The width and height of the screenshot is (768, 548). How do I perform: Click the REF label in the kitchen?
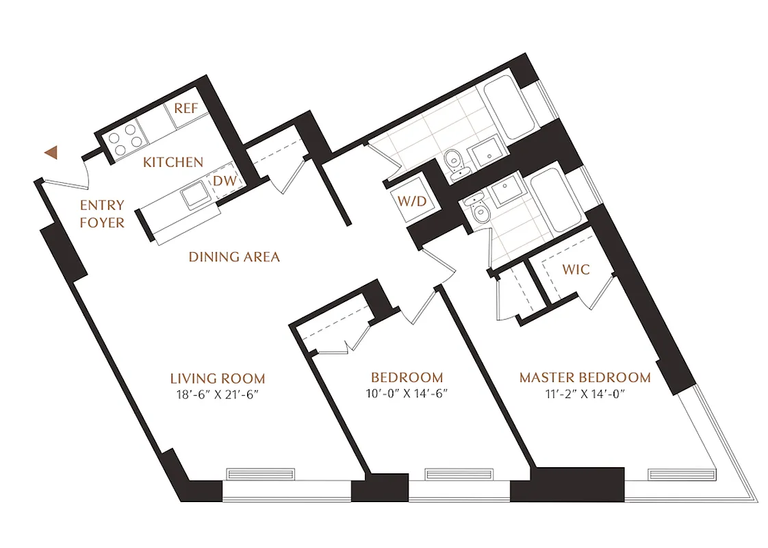coord(185,108)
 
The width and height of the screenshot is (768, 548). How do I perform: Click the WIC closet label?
coord(576,269)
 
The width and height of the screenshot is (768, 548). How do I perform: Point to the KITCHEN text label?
coord(173,162)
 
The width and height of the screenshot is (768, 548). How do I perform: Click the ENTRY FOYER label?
coord(102,214)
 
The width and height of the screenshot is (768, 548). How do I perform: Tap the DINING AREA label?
coord(234,257)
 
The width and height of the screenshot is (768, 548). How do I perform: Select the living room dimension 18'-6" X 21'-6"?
coord(217,395)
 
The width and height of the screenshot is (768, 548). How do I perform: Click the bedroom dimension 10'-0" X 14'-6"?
coord(407,394)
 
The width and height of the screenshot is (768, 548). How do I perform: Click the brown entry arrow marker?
coord(50,153)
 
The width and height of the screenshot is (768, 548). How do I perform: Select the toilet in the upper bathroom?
coord(454,164)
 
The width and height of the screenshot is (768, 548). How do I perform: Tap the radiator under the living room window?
coord(260,474)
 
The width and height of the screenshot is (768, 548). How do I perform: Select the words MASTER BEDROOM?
coord(584,377)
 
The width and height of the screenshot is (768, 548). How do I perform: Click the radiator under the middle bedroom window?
coord(451,474)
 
